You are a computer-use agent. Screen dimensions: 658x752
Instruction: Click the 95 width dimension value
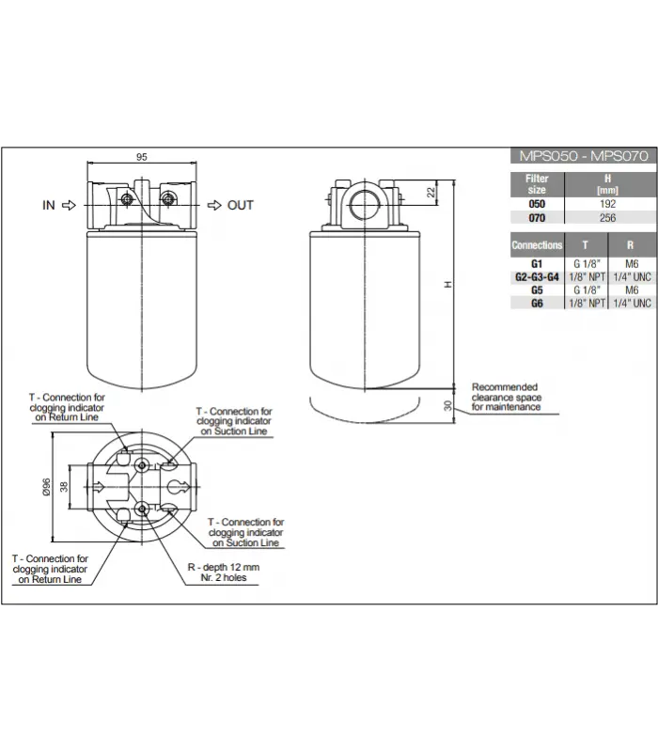pyautogui.click(x=142, y=157)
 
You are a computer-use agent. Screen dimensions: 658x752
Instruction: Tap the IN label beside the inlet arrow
pyautogui.click(x=49, y=205)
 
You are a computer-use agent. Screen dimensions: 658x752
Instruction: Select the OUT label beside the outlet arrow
pyautogui.click(x=240, y=205)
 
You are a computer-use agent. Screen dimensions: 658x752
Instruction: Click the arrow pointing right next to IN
pyautogui.click(x=69, y=205)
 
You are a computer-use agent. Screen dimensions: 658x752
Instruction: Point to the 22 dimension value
pyautogui.click(x=431, y=193)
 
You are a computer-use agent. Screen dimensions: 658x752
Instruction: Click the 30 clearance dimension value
pyautogui.click(x=447, y=406)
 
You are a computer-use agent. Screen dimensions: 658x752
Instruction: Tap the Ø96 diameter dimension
pyautogui.click(x=46, y=487)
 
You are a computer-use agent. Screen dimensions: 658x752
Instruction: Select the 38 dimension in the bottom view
pyautogui.click(x=64, y=487)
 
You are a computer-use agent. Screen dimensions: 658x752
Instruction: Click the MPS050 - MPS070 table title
pyautogui.click(x=584, y=156)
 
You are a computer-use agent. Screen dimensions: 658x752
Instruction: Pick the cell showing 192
pyautogui.click(x=607, y=204)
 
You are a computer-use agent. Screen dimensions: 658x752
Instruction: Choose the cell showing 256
pyautogui.click(x=607, y=218)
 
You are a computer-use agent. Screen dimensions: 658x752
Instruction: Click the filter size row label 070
pyautogui.click(x=537, y=218)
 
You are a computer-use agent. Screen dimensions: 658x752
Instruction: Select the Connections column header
pyautogui.click(x=537, y=245)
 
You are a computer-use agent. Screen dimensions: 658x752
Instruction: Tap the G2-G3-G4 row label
pyautogui.click(x=537, y=277)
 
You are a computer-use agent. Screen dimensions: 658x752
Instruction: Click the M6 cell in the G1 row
pyautogui.click(x=632, y=264)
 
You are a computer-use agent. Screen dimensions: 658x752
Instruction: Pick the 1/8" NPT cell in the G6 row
pyautogui.click(x=587, y=303)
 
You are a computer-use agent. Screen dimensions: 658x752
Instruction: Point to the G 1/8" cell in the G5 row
pyautogui.click(x=587, y=290)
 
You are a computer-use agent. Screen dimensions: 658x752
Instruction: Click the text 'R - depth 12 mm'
pyautogui.click(x=224, y=567)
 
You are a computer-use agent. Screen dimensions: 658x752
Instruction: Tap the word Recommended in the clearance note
pyautogui.click(x=505, y=387)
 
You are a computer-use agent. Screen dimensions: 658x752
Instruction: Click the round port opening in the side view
pyautogui.click(x=365, y=205)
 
